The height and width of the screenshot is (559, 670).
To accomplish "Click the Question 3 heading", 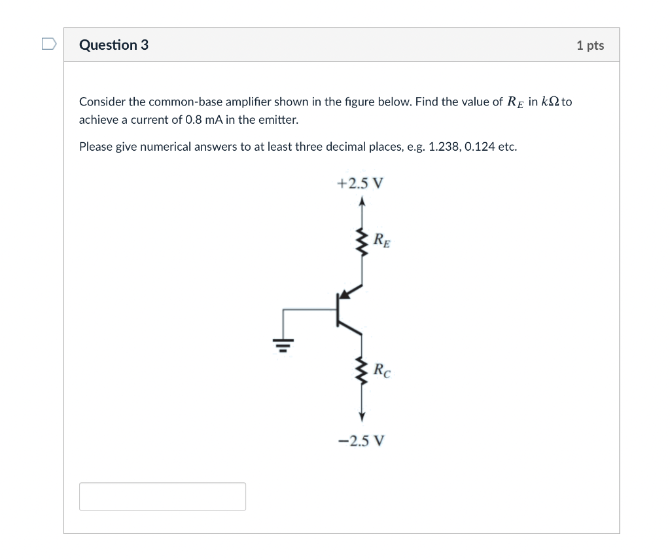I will click(x=113, y=45).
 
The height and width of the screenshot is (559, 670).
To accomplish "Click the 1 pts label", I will click(x=590, y=45).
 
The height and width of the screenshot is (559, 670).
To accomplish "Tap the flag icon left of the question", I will click(x=48, y=45).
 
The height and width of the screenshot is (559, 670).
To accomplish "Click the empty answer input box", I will click(x=162, y=496).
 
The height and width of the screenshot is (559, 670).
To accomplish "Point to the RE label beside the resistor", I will click(x=383, y=240).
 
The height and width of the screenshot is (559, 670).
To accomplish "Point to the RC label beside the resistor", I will click(x=383, y=370).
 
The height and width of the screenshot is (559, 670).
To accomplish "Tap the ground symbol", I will click(x=283, y=343).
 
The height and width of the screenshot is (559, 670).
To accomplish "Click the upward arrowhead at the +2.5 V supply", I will click(x=361, y=202).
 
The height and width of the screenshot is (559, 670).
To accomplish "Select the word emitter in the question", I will click(x=280, y=120).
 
